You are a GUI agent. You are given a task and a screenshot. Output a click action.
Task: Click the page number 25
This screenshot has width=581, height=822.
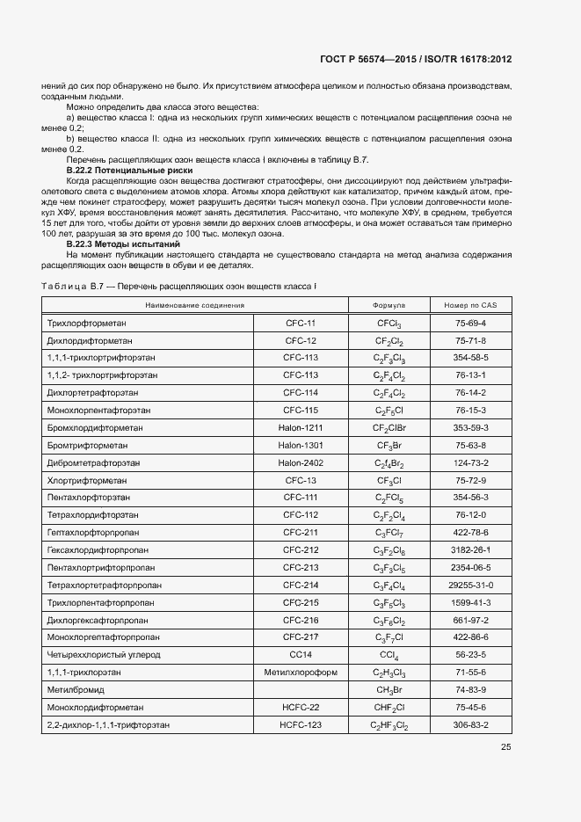point(505,747)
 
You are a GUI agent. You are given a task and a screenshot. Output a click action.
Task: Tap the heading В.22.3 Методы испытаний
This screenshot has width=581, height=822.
point(118,244)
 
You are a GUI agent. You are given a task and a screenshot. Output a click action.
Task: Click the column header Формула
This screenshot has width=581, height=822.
point(389,305)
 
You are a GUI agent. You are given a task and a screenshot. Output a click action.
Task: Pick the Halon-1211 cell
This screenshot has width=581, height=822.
point(301,428)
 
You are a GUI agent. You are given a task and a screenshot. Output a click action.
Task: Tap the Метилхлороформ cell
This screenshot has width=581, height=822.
point(301,673)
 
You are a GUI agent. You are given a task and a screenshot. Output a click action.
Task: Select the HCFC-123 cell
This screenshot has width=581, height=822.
point(301,725)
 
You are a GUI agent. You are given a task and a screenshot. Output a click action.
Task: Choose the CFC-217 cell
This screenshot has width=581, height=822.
point(301,637)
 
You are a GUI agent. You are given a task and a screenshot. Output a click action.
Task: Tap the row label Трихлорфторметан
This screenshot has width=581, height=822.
point(87,324)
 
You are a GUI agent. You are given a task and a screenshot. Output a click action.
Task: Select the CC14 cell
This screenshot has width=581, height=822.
point(301,655)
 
